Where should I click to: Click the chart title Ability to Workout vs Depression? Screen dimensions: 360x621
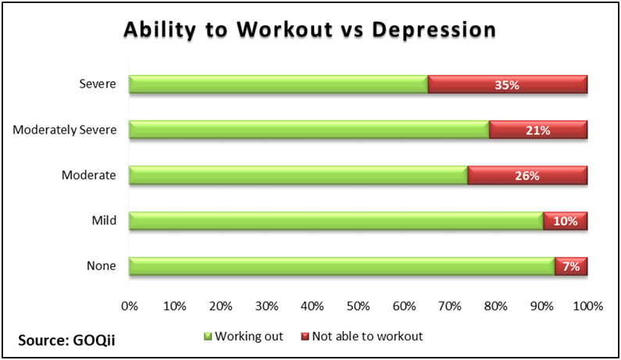(x=309, y=30)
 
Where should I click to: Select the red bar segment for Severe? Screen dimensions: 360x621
(x=508, y=84)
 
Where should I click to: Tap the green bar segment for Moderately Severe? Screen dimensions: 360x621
(x=309, y=130)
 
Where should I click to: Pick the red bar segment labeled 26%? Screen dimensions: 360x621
(x=527, y=176)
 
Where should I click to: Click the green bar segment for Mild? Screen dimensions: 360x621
(x=336, y=221)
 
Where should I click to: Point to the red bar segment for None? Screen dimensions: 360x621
(x=571, y=266)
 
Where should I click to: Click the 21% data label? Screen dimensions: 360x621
(x=538, y=130)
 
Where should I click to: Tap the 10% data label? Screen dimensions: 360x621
(x=565, y=222)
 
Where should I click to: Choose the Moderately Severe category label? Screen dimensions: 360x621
(x=65, y=130)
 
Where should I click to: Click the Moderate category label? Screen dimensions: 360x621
(x=91, y=176)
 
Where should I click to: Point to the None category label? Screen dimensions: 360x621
(x=103, y=266)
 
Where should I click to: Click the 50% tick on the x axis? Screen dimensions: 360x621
(x=359, y=305)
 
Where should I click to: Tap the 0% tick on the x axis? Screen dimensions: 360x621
(x=130, y=305)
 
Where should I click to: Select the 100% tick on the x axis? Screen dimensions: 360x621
(x=587, y=305)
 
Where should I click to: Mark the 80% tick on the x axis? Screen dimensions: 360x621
(x=496, y=305)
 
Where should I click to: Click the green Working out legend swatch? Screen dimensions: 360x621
(x=208, y=337)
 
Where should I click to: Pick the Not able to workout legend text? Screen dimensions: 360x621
(x=367, y=337)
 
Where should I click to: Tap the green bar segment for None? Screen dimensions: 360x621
(x=341, y=266)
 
